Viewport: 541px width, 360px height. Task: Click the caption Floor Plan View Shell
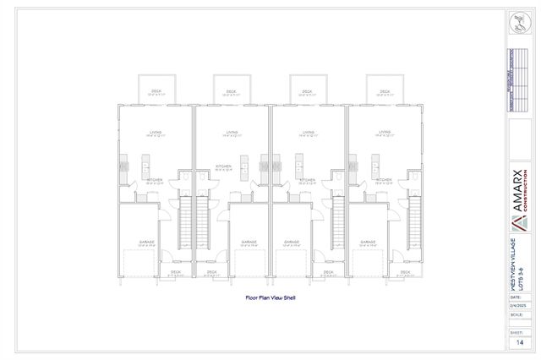click(x=270, y=297)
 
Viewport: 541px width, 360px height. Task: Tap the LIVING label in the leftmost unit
click(x=156, y=133)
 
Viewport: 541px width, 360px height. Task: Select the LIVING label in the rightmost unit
click(x=385, y=133)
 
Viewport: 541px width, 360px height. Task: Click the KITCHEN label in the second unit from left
click(x=223, y=167)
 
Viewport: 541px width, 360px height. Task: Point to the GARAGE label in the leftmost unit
click(x=148, y=243)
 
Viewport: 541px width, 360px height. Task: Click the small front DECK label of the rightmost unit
click(x=406, y=273)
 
